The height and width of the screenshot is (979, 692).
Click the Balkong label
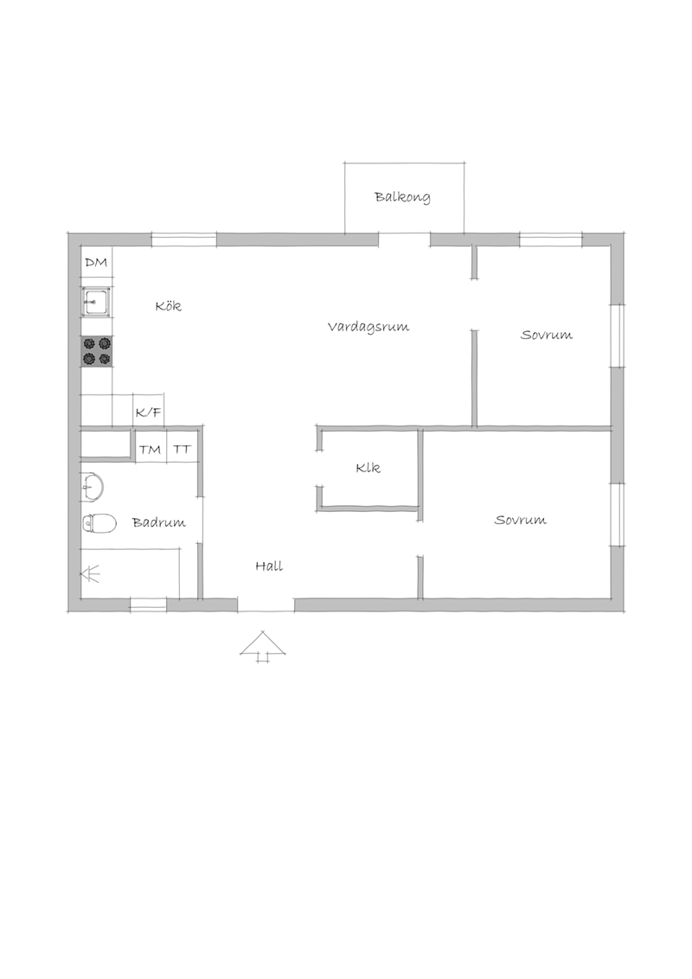402,197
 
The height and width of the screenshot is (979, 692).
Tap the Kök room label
169,305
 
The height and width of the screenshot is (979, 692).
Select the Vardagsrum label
368,327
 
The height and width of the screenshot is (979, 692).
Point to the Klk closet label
368,468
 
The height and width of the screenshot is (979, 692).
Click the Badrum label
159,522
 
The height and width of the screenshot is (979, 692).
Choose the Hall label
269,566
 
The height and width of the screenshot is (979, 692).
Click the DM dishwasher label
96,262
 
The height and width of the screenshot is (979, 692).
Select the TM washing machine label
150,450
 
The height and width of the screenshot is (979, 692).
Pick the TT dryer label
183,450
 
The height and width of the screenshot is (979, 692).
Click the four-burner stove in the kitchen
96,351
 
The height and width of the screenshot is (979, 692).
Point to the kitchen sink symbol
96,303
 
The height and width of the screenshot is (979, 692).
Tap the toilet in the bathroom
99,523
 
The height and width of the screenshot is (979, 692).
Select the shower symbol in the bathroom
91,573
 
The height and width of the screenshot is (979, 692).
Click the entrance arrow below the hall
263,645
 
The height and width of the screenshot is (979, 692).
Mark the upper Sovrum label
547,336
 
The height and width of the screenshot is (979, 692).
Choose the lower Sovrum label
520,520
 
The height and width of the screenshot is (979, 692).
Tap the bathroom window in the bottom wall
148,604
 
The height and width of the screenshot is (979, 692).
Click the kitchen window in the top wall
184,240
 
